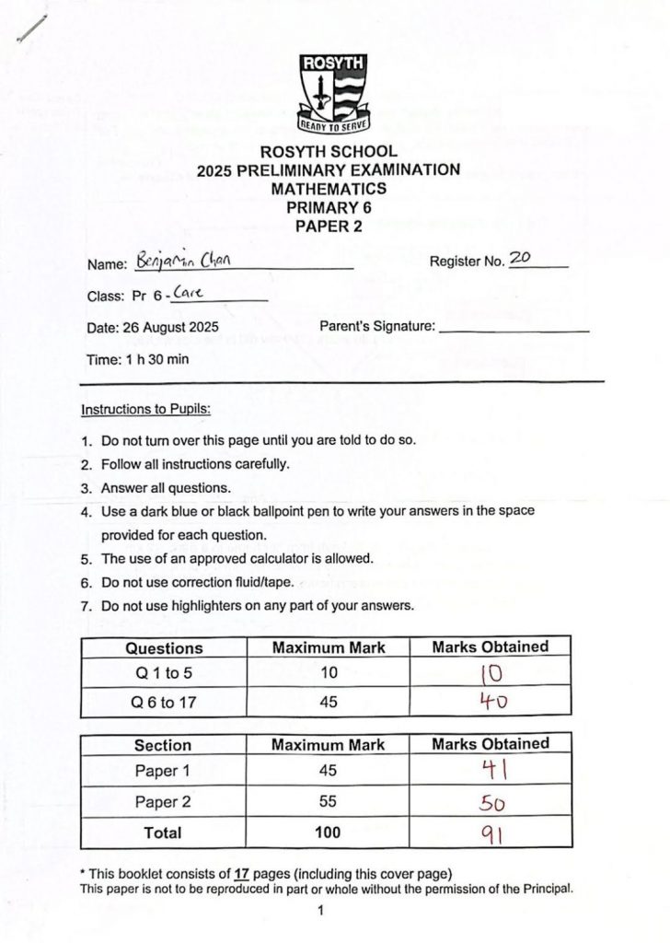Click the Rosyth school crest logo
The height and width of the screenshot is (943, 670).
point(334,93)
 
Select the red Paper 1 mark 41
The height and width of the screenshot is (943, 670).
point(490,771)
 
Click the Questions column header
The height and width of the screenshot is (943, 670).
point(164,647)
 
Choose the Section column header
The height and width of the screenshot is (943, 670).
point(163,744)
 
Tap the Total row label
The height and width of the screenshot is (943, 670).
point(163,832)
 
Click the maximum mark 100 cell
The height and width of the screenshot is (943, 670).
point(328,832)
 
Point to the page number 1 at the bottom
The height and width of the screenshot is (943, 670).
point(320,912)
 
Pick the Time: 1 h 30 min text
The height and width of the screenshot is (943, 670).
point(137,359)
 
